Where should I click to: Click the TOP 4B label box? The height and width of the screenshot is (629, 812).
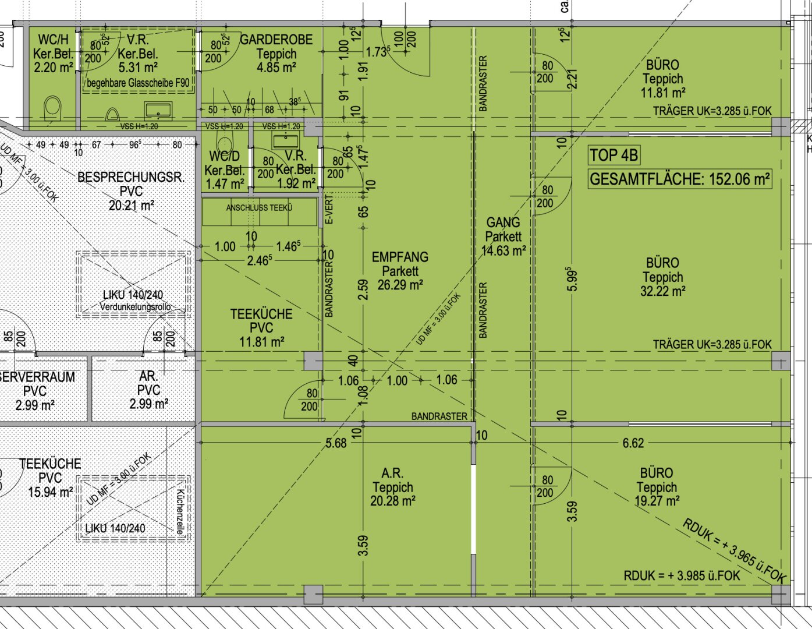point(614,156)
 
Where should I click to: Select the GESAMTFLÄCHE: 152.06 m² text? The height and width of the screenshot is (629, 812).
point(680,179)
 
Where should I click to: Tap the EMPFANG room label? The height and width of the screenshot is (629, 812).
point(400,257)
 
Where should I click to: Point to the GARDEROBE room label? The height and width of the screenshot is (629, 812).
point(276,40)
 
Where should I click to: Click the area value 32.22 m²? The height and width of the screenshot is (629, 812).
point(662,291)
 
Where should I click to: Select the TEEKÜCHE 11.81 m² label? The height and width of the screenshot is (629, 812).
point(261,327)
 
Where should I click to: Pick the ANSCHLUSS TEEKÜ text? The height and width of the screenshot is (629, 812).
point(259,207)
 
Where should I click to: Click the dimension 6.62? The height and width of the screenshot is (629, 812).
point(633,443)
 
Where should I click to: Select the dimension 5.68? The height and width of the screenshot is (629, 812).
point(336,443)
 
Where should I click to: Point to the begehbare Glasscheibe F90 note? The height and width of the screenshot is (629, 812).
point(138,83)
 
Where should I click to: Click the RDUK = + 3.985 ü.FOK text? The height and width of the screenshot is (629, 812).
point(682,575)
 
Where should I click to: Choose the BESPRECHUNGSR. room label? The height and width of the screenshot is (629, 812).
point(131,177)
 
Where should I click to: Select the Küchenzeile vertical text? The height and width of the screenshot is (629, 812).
point(180,512)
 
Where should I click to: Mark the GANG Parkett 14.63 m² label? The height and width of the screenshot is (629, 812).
point(503,236)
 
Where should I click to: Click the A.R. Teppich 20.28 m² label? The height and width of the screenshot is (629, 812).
point(393,487)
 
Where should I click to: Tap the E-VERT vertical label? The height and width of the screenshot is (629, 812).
point(329,209)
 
